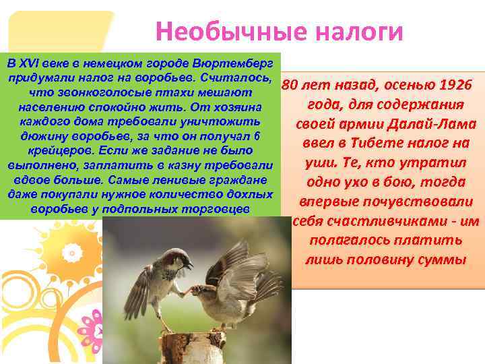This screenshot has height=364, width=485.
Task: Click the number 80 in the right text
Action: click(290, 86)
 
